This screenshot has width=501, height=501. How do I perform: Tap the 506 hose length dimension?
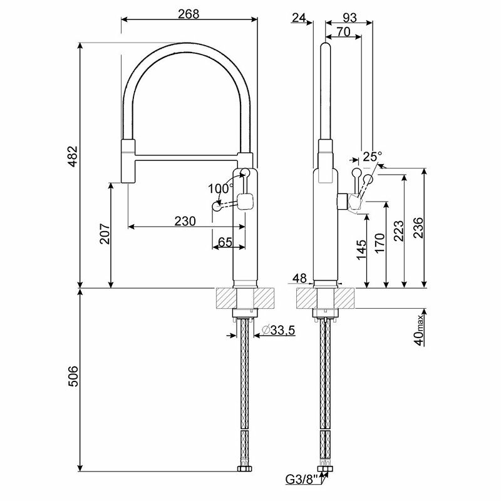[x=72, y=376]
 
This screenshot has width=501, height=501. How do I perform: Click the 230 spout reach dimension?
[x=185, y=220]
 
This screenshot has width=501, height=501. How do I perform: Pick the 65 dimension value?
[x=225, y=242]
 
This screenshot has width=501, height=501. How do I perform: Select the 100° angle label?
[x=220, y=188]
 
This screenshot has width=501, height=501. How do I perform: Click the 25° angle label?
[x=372, y=156]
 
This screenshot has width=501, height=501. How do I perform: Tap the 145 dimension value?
[x=361, y=249]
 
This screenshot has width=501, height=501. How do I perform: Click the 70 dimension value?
[x=343, y=32]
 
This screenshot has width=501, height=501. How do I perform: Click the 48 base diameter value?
[x=299, y=277]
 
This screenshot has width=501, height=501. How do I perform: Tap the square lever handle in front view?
[x=245, y=202]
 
